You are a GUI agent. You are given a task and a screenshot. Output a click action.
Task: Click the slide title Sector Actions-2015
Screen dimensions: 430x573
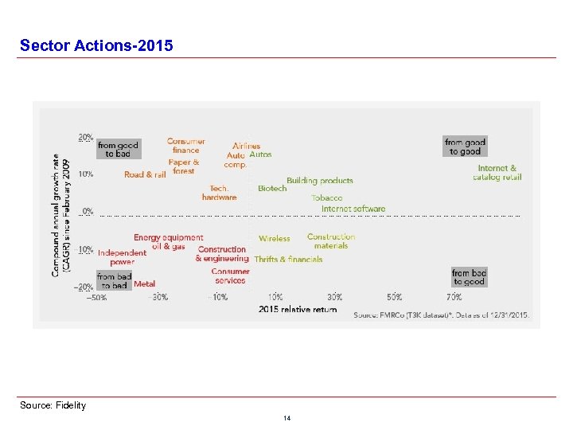click(95, 45)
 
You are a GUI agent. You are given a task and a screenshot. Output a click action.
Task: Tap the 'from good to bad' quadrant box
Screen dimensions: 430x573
click(118, 149)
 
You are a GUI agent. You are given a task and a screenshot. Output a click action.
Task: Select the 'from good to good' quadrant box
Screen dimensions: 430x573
click(465, 147)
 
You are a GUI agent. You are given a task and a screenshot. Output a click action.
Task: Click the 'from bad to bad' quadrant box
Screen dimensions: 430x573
click(114, 281)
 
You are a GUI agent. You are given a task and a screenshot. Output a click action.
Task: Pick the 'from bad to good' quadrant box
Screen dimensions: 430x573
click(469, 277)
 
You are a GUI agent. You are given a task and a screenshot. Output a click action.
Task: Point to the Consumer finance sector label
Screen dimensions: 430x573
click(185, 146)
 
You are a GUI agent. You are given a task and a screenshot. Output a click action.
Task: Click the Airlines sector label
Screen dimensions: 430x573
click(247, 146)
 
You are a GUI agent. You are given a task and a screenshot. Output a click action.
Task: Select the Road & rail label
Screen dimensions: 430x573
click(145, 174)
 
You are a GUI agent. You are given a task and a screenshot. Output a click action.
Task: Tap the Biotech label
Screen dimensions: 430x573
click(272, 189)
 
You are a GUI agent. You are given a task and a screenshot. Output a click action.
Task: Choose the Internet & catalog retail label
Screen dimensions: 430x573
click(497, 173)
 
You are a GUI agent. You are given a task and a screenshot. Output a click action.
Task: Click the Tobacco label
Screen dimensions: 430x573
click(327, 197)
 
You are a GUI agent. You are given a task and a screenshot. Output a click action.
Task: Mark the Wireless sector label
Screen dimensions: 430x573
click(275, 238)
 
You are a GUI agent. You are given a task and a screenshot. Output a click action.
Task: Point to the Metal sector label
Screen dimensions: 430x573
click(145, 283)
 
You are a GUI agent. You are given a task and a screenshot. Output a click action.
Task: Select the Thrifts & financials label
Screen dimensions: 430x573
click(288, 259)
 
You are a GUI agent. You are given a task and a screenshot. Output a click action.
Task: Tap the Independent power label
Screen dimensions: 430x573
click(122, 257)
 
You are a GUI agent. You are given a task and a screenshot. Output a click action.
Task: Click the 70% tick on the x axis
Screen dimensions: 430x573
click(454, 297)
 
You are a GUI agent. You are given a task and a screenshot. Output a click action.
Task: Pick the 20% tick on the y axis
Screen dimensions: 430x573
click(85, 137)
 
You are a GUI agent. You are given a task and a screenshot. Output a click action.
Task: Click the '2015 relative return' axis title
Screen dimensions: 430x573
click(298, 309)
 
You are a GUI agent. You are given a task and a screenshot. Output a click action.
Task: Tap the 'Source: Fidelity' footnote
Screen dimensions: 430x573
click(53, 405)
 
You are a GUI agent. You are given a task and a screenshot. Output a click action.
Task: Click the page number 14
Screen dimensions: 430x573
click(286, 418)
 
